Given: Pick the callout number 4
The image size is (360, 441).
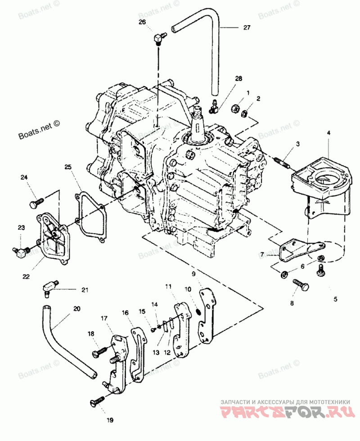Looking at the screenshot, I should pos(328,133).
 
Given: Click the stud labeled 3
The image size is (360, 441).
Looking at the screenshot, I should pos(282,162).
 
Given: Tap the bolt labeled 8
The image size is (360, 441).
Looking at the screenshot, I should pos(300,284).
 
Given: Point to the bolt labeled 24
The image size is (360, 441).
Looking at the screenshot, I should pos(36,203).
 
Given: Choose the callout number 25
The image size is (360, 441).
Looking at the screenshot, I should pos(68,167).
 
